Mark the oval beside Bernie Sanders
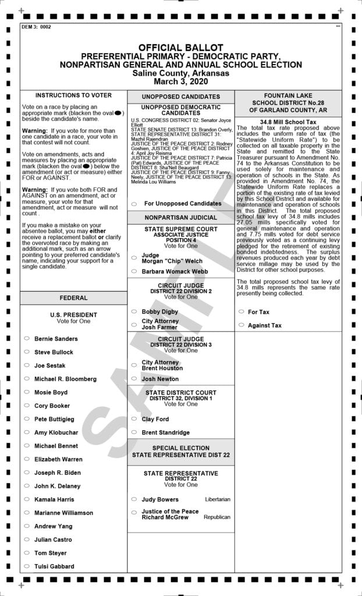27,338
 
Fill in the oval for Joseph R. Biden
27,473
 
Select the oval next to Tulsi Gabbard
27,566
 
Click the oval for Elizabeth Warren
27,459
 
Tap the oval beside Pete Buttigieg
27,419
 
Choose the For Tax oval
241,312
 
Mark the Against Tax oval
241,325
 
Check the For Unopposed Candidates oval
134,204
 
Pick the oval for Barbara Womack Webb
134,271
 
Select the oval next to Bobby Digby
134,312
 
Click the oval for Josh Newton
134,379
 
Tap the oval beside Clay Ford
134,419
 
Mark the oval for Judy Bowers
134,499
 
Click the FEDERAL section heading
73,298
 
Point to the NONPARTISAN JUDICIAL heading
180,217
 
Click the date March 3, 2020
180,81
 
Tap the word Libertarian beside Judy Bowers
217,499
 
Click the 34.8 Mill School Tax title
288,122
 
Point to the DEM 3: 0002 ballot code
36,27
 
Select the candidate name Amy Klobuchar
57,432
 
